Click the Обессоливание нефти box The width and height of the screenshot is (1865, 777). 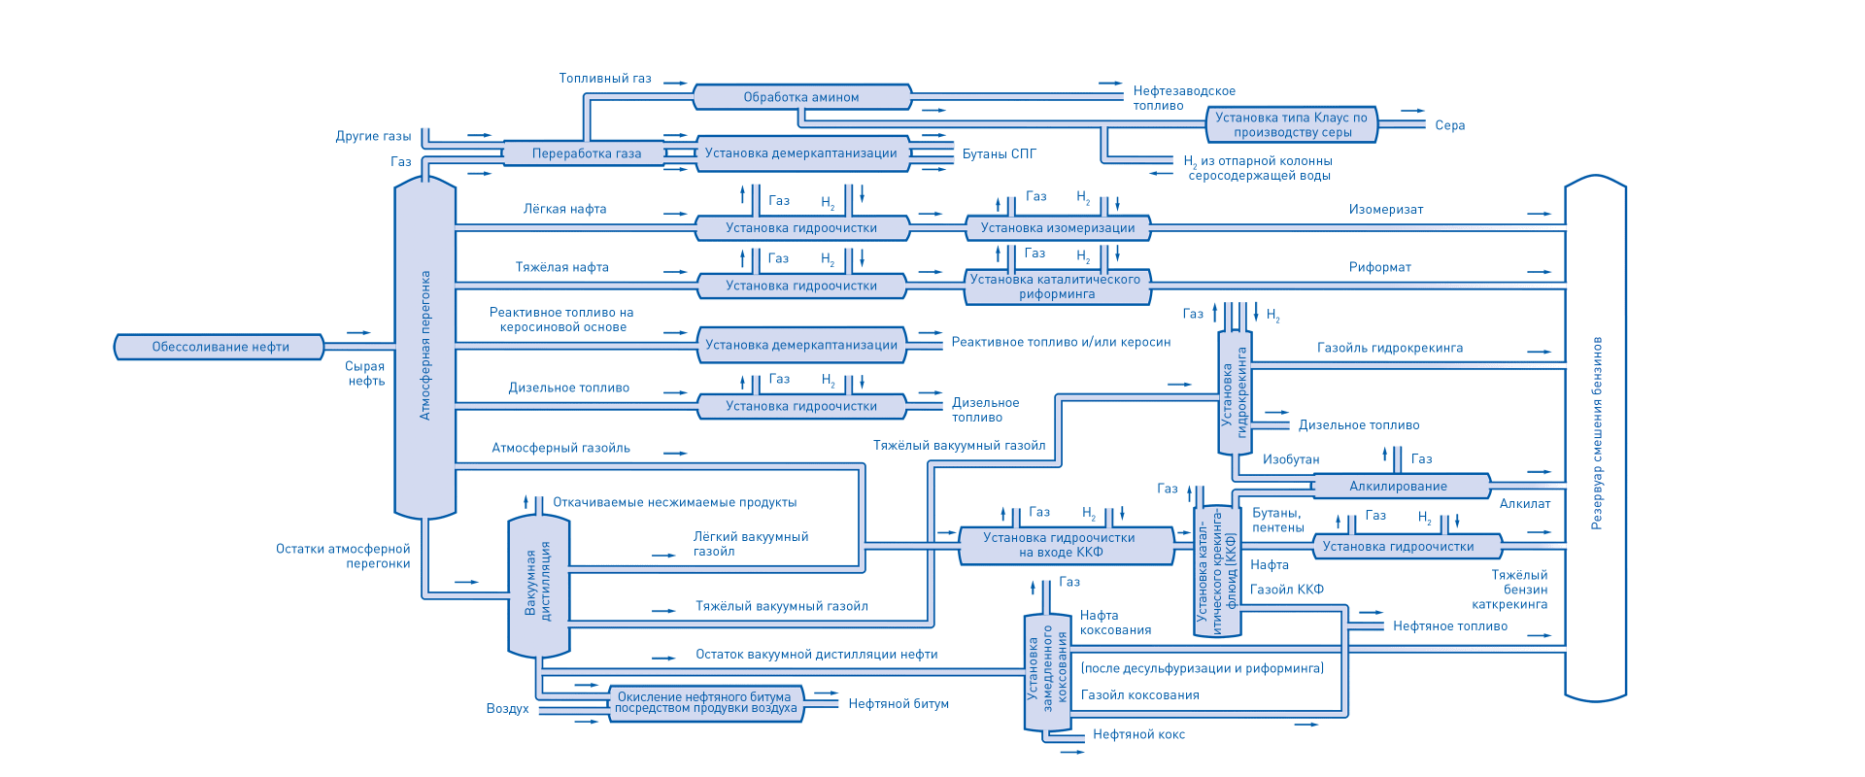pos(220,347)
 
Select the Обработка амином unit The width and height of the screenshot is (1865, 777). pos(801,97)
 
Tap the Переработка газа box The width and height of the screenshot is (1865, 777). pos(586,153)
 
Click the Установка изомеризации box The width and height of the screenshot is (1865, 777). pos(1058,228)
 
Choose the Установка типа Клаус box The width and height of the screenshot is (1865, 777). pos(1292,124)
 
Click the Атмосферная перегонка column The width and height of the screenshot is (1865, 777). pos(424,347)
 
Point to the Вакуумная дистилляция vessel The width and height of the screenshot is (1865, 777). pos(538,586)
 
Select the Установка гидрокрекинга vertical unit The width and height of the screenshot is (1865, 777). pos(1235,392)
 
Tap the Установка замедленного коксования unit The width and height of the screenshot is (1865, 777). pos(1047,673)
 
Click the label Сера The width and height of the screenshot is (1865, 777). pos(1449,125)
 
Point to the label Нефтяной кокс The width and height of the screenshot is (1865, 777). pos(1138,734)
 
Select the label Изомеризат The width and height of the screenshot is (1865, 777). pos(1386,209)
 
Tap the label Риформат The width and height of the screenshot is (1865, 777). pos(1379,267)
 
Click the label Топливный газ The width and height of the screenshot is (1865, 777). pos(605,79)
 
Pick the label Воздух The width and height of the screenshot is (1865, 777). pos(507,709)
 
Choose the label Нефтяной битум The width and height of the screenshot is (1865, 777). pos(899,704)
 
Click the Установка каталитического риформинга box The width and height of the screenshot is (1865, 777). pos(1058,287)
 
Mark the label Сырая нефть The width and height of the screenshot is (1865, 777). pos(365,374)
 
